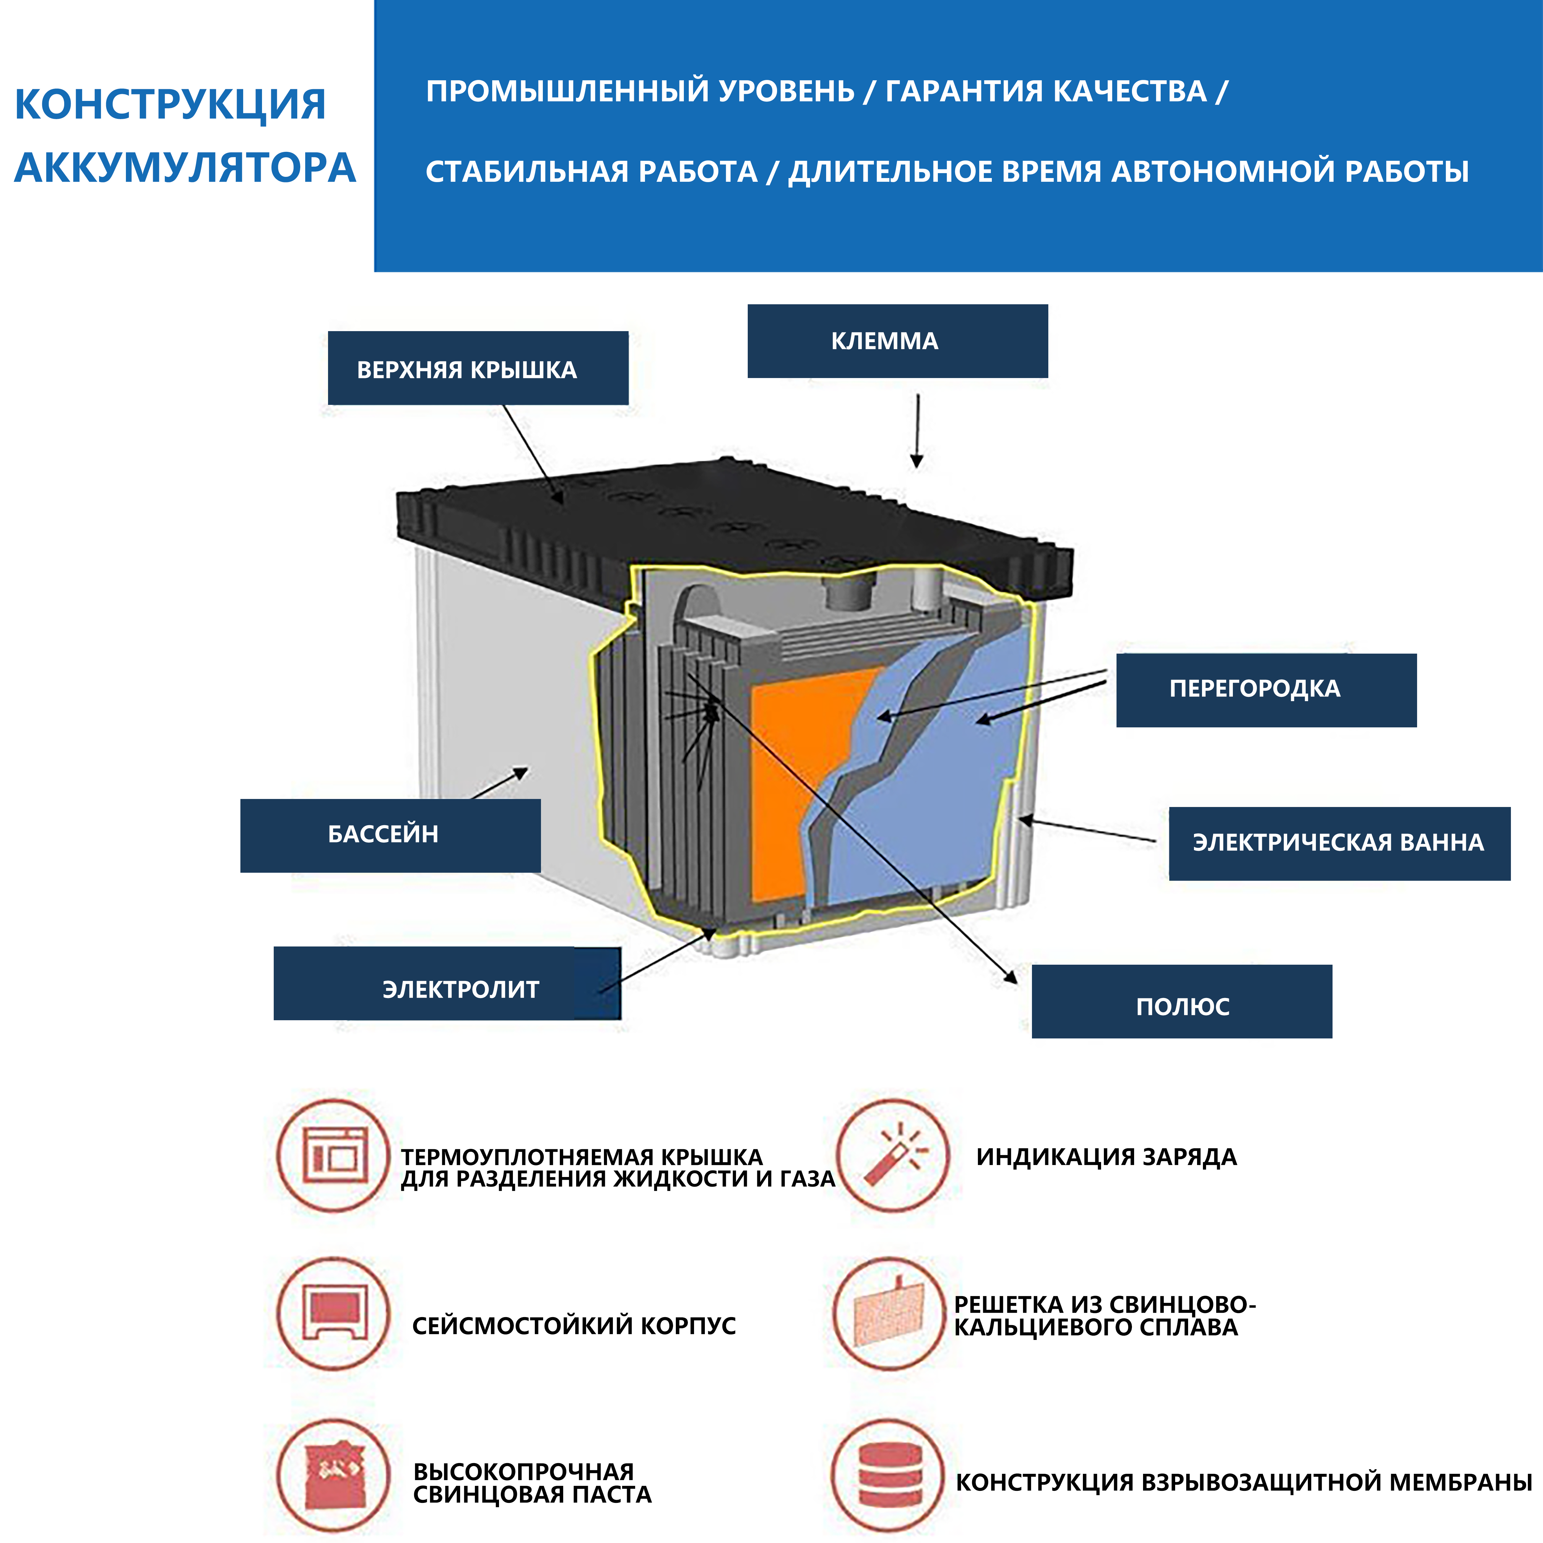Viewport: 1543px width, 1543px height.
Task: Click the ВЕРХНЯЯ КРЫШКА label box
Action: coord(478,368)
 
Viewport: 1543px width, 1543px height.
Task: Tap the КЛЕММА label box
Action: coord(897,341)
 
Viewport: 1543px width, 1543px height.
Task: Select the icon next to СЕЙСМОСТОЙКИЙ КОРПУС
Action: coord(334,1314)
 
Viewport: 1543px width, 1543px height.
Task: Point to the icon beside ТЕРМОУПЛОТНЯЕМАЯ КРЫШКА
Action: coord(334,1156)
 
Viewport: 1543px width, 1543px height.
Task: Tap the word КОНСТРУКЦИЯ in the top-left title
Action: coord(170,105)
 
